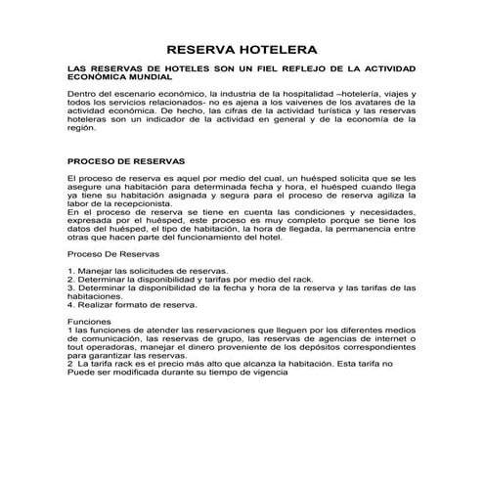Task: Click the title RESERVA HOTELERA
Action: pyautogui.click(x=242, y=49)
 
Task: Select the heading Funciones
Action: pyautogui.click(x=87, y=321)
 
